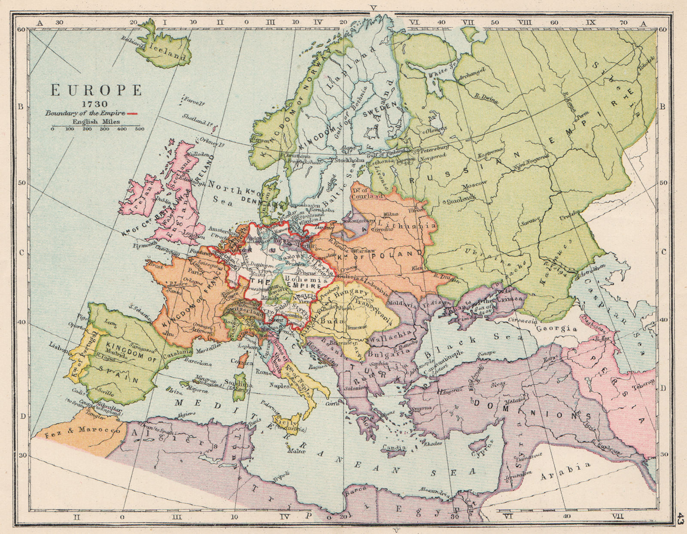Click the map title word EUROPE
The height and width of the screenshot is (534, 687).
tap(96, 90)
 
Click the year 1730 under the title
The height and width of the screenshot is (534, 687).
tap(96, 104)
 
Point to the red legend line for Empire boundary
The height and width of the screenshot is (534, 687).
tap(132, 114)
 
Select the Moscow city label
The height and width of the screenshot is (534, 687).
tap(475, 185)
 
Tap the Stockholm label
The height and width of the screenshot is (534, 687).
tap(349, 160)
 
